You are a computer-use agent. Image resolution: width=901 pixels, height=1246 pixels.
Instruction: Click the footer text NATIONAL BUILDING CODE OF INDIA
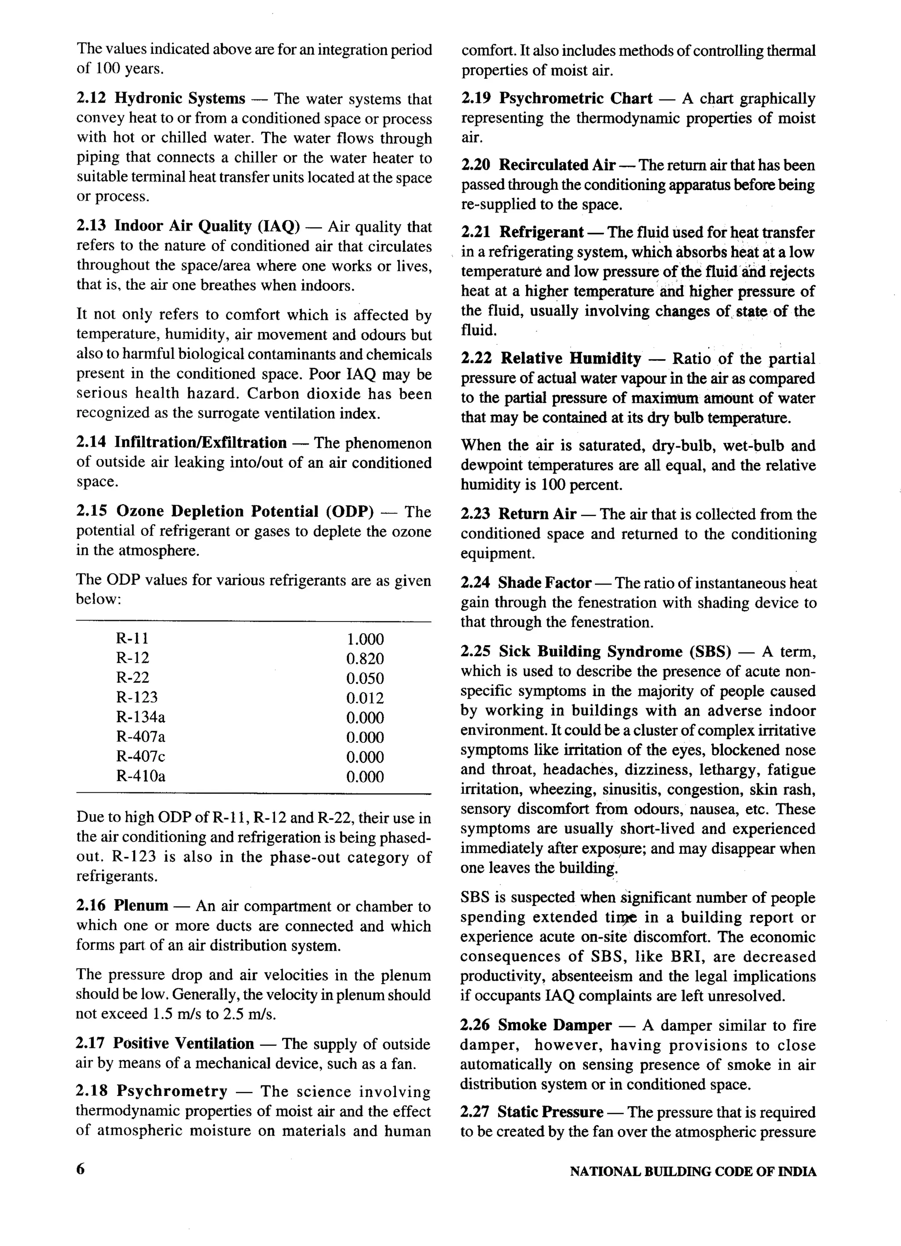pyautogui.click(x=692, y=1171)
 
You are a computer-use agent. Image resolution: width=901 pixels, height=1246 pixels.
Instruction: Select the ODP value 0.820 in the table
pyautogui.click(x=365, y=658)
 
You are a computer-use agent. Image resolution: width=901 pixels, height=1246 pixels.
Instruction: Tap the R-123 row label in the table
pyautogui.click(x=137, y=697)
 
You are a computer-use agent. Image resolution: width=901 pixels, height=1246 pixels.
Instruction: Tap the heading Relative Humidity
pyautogui.click(x=571, y=358)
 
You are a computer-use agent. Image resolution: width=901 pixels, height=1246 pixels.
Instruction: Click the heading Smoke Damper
pyautogui.click(x=554, y=1025)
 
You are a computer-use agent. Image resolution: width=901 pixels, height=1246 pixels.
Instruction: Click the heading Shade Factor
pyautogui.click(x=544, y=582)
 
